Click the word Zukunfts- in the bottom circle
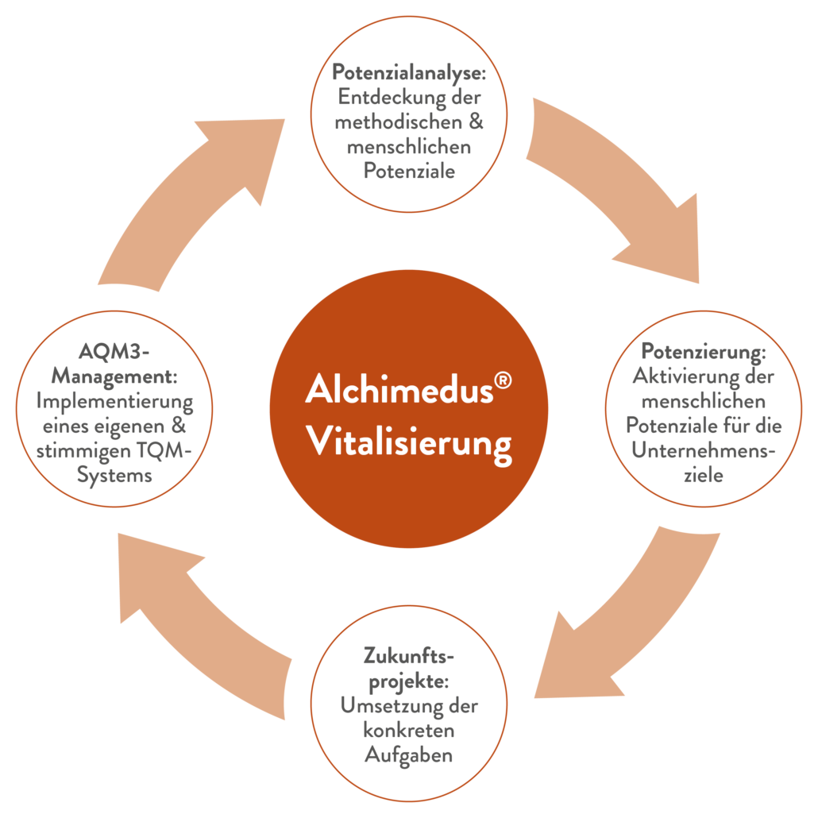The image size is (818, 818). click(x=407, y=657)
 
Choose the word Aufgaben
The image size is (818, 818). click(x=408, y=754)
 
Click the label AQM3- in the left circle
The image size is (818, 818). click(x=114, y=351)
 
